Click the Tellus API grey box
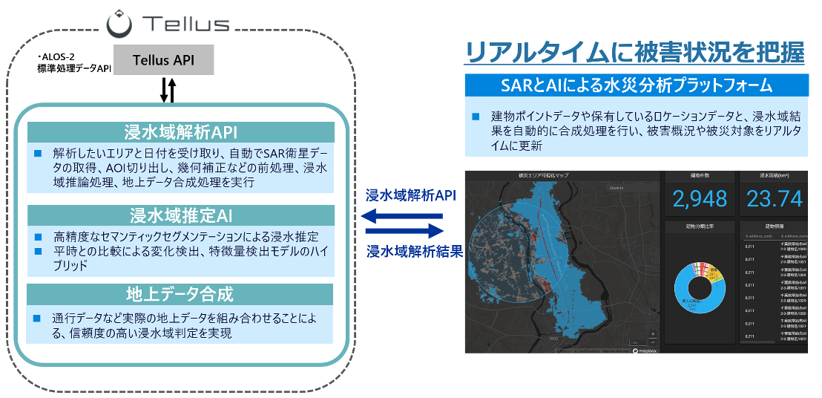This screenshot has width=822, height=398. pyautogui.click(x=163, y=60)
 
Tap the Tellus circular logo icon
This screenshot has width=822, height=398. pyautogui.click(x=119, y=24)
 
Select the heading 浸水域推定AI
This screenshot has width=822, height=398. pyautogui.click(x=181, y=217)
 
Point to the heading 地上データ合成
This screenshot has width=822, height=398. pyautogui.click(x=181, y=294)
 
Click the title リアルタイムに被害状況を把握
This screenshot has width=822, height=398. pyautogui.click(x=634, y=53)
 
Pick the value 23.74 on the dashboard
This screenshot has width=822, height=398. pyautogui.click(x=775, y=198)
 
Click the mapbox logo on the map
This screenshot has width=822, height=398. pyautogui.click(x=645, y=349)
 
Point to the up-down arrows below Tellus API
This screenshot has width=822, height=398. pyautogui.click(x=168, y=91)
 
